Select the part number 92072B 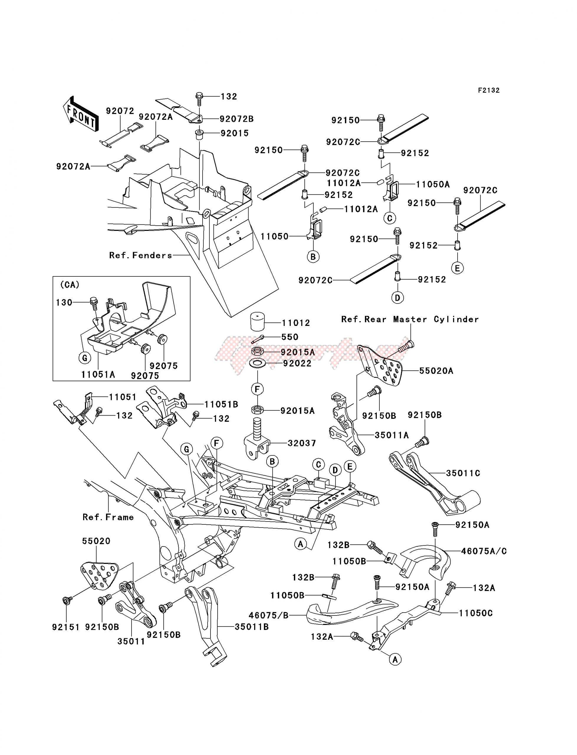click(237, 119)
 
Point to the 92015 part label click(235, 133)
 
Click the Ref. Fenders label click(140, 255)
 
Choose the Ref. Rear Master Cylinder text click(410, 319)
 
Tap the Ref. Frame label click(108, 517)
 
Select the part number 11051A click(98, 375)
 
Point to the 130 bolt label click(64, 303)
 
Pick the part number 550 click(290, 337)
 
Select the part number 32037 click(302, 443)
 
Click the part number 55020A click(436, 371)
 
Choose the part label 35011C click(463, 473)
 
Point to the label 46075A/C click(484, 551)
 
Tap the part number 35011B click(252, 627)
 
